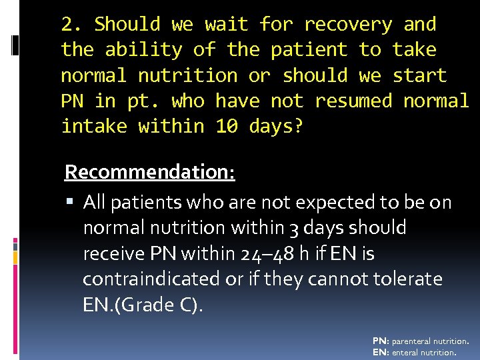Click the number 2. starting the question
click(x=71, y=25)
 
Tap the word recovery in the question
click(x=348, y=25)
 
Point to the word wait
click(x=227, y=25)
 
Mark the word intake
click(x=93, y=126)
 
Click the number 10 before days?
click(x=227, y=126)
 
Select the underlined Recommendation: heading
click(x=149, y=172)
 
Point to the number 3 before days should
click(x=294, y=228)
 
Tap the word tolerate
click(x=407, y=279)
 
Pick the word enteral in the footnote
click(x=411, y=352)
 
